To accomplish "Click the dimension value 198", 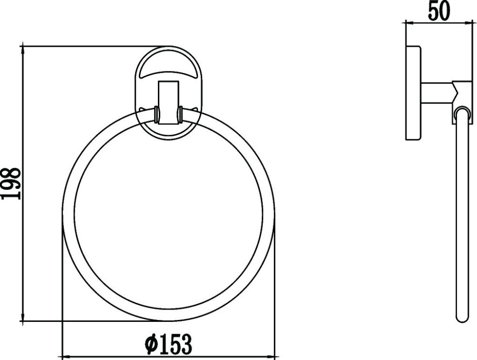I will click(x=11, y=184).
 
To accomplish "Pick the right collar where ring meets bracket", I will click(x=180, y=115).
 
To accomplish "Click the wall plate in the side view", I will click(x=413, y=93).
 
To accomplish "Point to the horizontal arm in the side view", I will click(x=436, y=90).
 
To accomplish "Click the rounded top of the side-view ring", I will click(x=460, y=111).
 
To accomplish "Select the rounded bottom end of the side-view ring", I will click(x=460, y=321).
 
